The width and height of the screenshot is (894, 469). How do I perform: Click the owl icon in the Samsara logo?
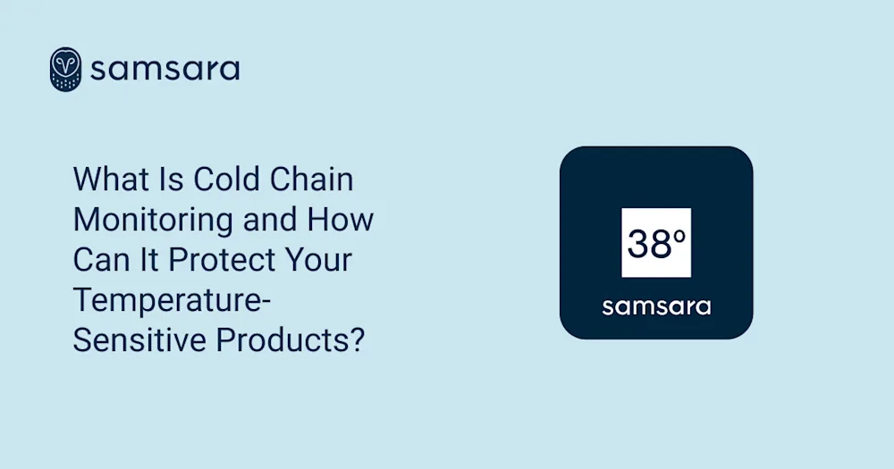pyautogui.click(x=65, y=69)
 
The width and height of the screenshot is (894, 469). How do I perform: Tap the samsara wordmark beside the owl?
pyautogui.click(x=165, y=69)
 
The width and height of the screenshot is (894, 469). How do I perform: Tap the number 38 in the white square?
pyautogui.click(x=648, y=244)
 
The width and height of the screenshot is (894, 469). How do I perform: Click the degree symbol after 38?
pyautogui.click(x=679, y=235)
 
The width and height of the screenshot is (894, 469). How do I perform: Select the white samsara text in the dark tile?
pyautogui.click(x=656, y=307)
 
